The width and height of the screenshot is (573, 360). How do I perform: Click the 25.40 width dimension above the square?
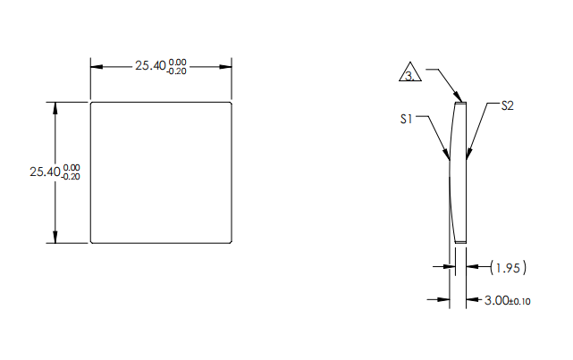pyautogui.click(x=148, y=66)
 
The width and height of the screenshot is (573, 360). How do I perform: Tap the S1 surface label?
pyautogui.click(x=405, y=118)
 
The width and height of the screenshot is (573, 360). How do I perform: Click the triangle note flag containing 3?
pyautogui.click(x=409, y=75)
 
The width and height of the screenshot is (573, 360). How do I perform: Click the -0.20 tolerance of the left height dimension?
pyautogui.click(x=71, y=177)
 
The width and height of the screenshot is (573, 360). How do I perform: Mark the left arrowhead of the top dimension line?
pyautogui.click(x=97, y=67)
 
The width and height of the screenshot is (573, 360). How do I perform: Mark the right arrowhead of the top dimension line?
pyautogui.click(x=227, y=67)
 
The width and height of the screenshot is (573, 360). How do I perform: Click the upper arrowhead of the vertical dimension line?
pyautogui.click(x=55, y=107)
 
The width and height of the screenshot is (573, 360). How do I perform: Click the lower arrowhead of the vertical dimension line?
pyautogui.click(x=55, y=237)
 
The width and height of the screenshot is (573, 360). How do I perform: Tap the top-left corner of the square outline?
pyautogui.click(x=91, y=102)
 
